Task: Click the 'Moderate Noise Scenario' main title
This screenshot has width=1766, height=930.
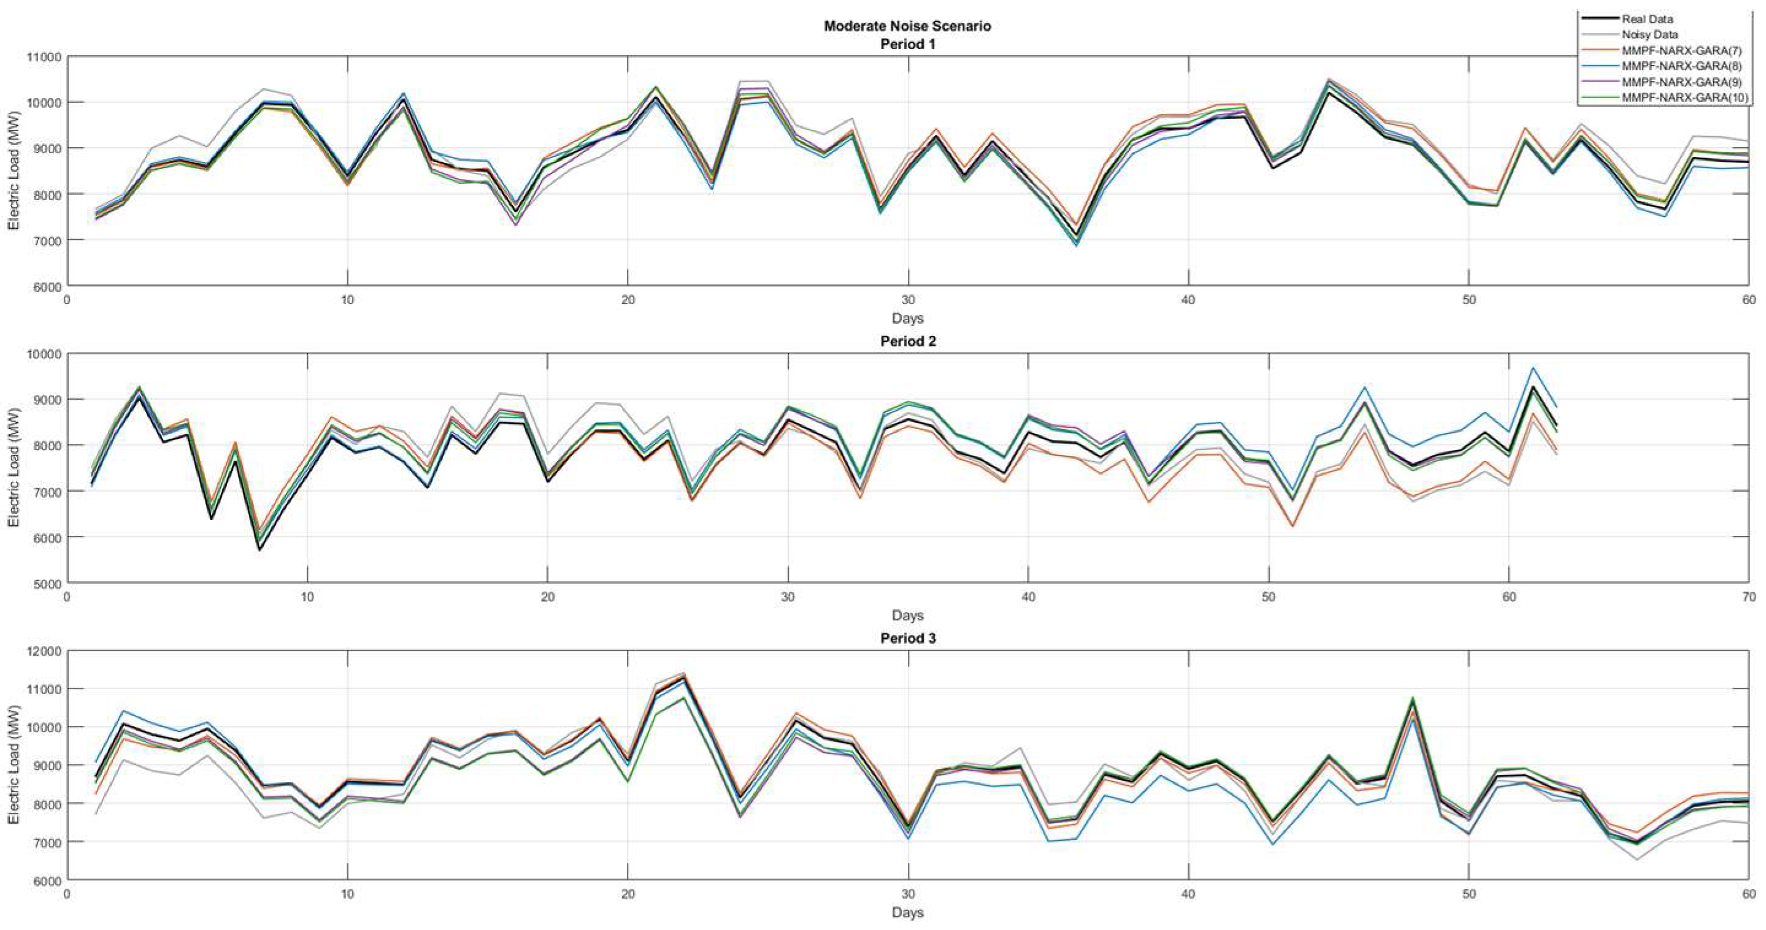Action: click(x=907, y=26)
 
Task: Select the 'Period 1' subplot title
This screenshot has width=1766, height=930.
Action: click(x=907, y=45)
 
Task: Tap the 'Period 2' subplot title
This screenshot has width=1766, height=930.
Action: click(x=907, y=341)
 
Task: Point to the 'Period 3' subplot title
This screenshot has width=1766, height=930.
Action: click(x=907, y=638)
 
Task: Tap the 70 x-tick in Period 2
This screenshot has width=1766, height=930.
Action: click(x=1749, y=598)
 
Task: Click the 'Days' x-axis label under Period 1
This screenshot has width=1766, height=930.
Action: click(x=907, y=319)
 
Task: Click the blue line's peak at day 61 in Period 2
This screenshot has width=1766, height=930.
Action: click(x=1533, y=368)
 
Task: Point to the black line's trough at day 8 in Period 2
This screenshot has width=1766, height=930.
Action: click(x=260, y=549)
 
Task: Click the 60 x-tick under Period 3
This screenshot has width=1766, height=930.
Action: click(x=1749, y=894)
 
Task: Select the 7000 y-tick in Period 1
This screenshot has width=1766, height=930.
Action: click(x=46, y=240)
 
